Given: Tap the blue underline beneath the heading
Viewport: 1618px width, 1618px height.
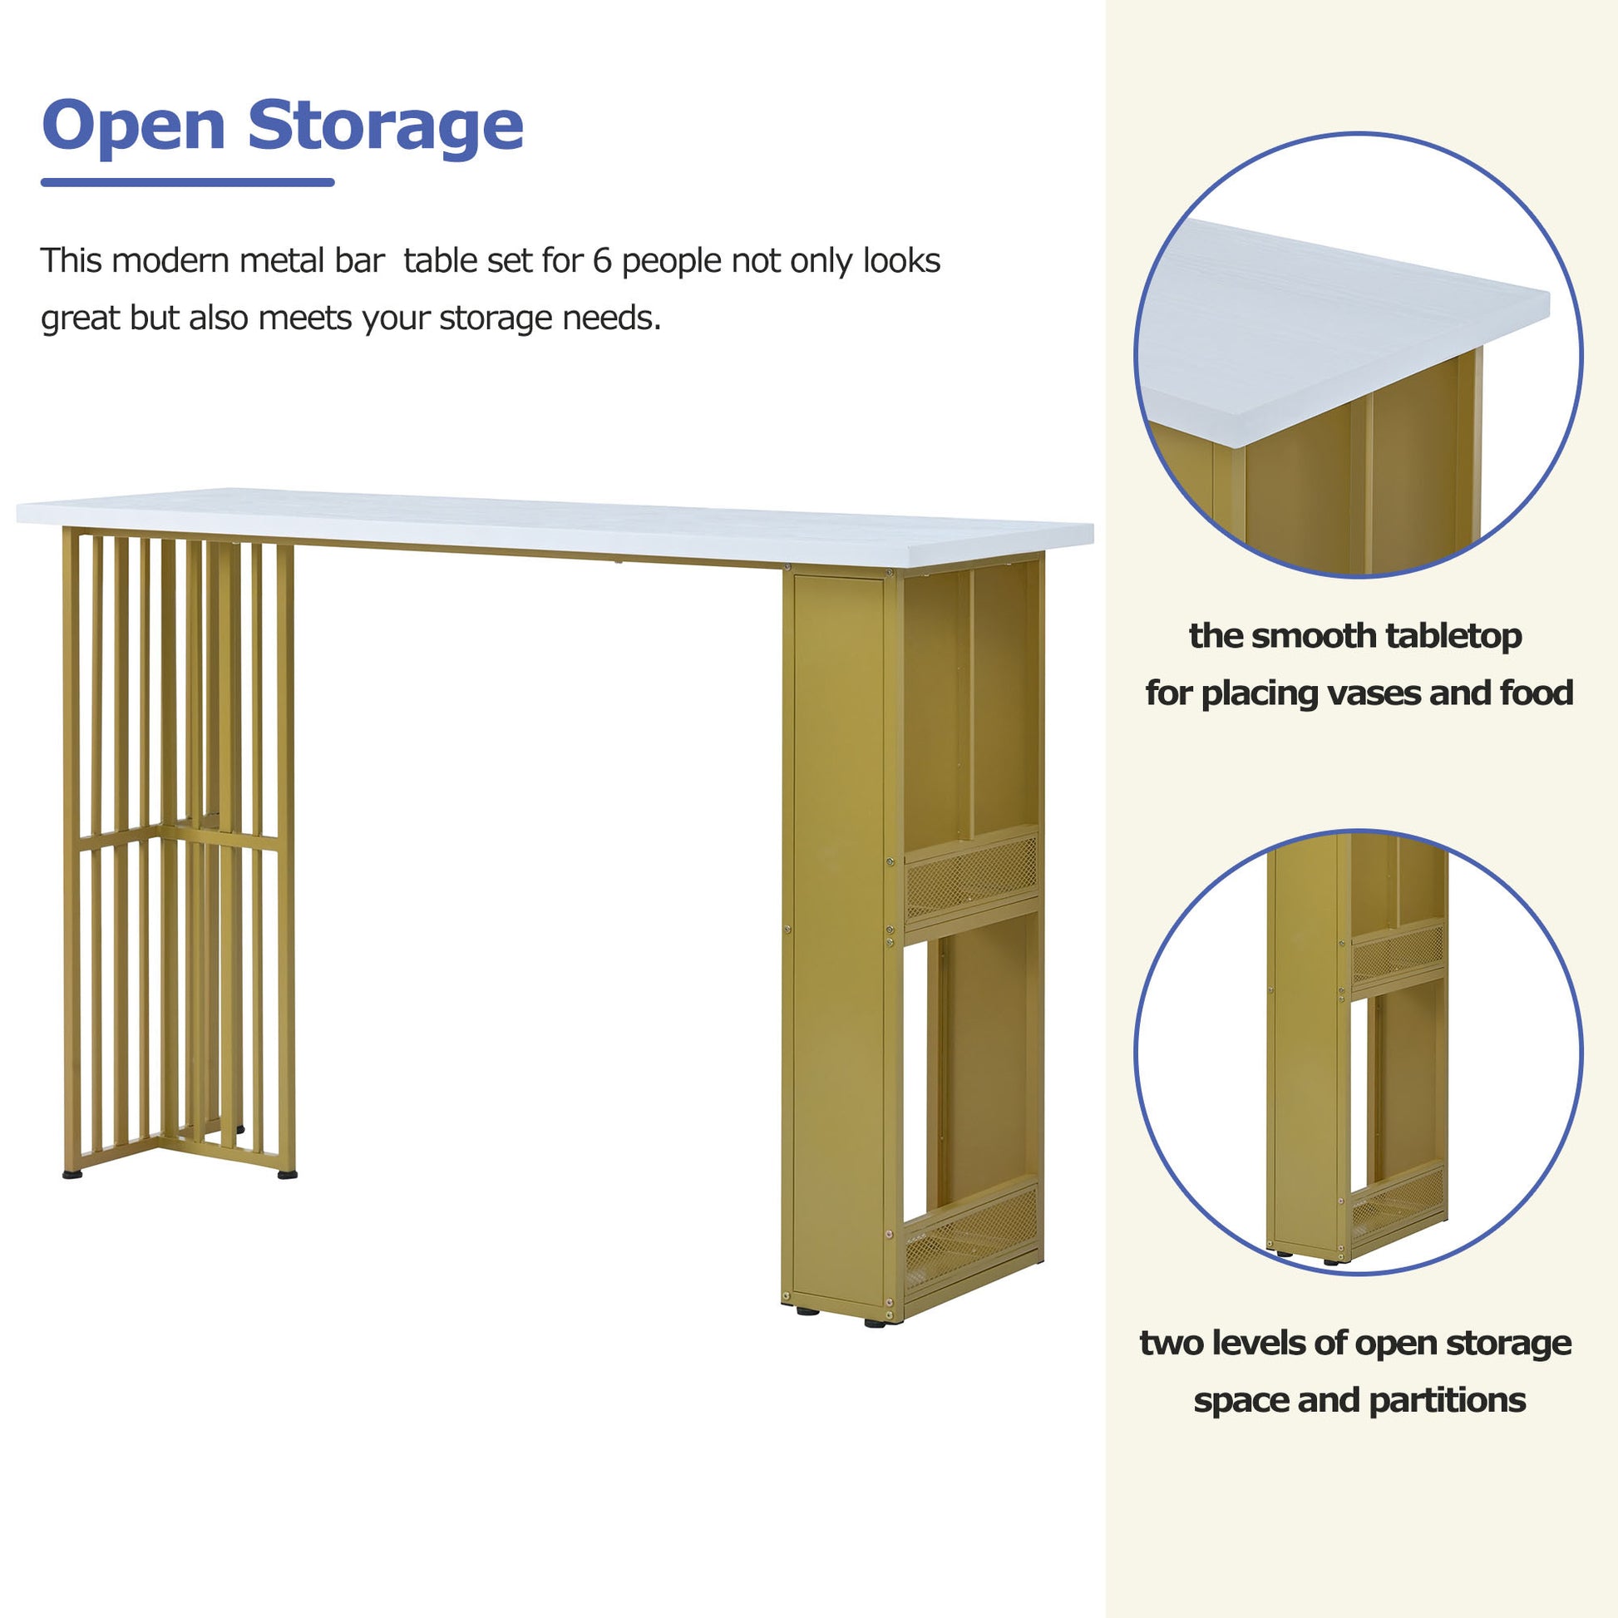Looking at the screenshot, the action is click(188, 182).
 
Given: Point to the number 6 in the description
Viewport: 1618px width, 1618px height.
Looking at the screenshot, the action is click(602, 261).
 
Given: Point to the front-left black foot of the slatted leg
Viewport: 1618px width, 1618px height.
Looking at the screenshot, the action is click(73, 1175).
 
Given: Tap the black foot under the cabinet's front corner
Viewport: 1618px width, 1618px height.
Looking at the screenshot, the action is click(876, 1323).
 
